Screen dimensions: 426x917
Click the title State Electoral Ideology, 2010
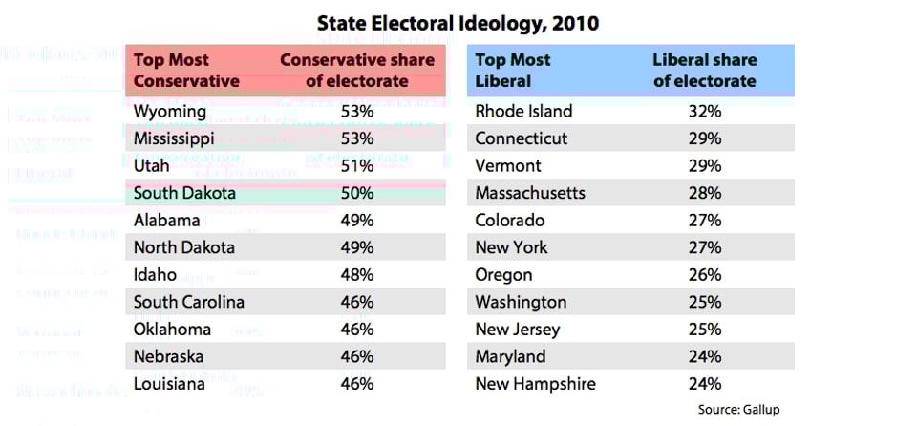[458, 22]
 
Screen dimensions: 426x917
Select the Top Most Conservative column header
[186, 70]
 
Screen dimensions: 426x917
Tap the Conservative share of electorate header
[357, 70]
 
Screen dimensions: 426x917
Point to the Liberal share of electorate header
[704, 70]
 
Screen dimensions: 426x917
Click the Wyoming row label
[170, 112]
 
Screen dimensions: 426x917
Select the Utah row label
[151, 166]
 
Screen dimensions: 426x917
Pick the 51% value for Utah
[356, 166]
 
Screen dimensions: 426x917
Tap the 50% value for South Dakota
[356, 193]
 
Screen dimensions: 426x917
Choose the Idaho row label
[155, 275]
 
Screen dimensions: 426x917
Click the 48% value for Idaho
[356, 275]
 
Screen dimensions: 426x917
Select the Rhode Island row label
[523, 112]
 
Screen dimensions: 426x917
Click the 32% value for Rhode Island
[704, 112]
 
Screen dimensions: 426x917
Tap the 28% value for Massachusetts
[704, 193]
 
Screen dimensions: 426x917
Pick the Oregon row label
[503, 275]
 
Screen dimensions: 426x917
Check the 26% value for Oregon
[704, 275]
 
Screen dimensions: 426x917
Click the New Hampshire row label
[535, 384]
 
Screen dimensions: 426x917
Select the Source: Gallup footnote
[738, 410]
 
